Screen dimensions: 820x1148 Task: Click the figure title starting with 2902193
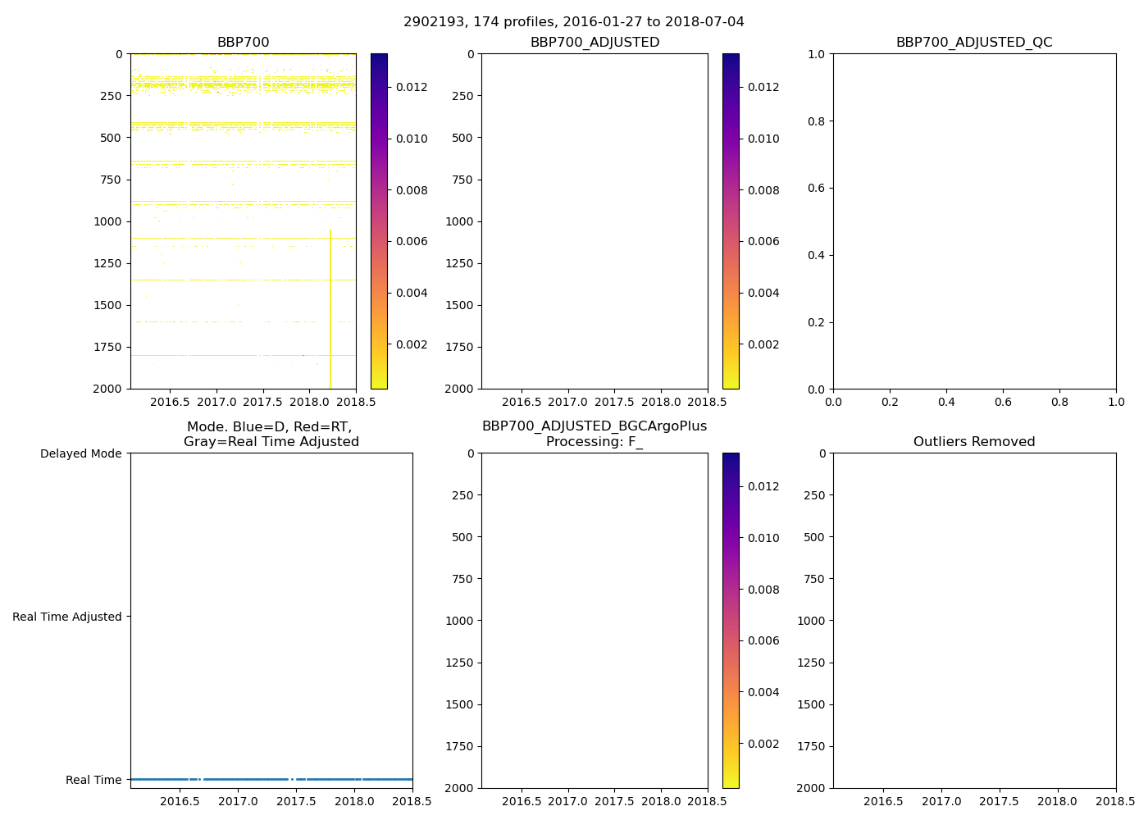click(x=573, y=22)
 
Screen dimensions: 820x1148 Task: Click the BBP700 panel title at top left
click(x=243, y=43)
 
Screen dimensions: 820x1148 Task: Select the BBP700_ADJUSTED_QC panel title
click(x=973, y=43)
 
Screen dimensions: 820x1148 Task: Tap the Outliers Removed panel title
click(x=973, y=442)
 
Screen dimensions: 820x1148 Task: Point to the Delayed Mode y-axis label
click(x=80, y=453)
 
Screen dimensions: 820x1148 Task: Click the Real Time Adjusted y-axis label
click(x=66, y=617)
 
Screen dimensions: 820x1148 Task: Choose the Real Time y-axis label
click(x=93, y=780)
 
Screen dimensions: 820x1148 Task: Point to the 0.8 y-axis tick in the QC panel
click(x=817, y=121)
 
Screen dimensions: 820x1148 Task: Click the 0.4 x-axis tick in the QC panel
click(x=946, y=403)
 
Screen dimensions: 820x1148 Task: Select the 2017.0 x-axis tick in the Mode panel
click(x=239, y=801)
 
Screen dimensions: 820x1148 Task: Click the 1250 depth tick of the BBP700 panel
click(x=108, y=263)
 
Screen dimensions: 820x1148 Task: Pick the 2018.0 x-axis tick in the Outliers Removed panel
click(x=1058, y=801)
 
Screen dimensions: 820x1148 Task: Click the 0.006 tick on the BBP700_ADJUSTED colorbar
click(x=763, y=241)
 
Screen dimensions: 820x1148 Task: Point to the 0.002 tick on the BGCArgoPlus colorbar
click(x=763, y=744)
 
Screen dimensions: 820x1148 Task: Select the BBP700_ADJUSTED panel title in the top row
click(x=594, y=43)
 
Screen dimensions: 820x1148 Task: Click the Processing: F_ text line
click(x=594, y=442)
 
